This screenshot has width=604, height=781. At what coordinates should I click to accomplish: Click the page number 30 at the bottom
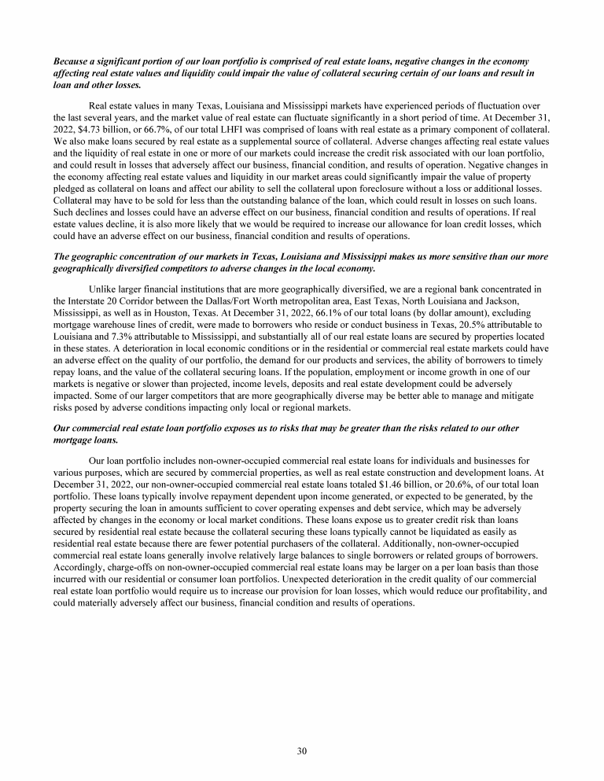tap(301, 751)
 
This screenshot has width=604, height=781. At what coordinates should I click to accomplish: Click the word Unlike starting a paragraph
tap(106, 289)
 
